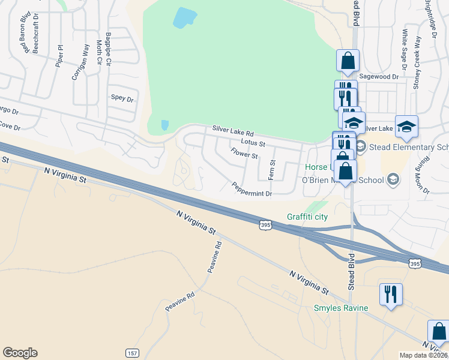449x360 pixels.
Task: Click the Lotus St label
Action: (253, 143)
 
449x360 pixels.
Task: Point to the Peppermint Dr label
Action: (252, 190)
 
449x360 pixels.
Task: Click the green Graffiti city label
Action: (307, 217)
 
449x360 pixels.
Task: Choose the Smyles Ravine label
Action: (341, 308)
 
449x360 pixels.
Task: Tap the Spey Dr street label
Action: (122, 98)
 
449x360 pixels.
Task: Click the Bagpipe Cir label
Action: (109, 49)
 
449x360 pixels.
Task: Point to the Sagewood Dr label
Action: (378, 77)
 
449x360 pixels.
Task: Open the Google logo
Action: (20, 353)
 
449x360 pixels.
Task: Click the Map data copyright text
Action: (423, 355)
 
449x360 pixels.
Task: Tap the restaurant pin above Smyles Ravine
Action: (391, 294)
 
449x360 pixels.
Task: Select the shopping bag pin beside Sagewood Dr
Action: (348, 61)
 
